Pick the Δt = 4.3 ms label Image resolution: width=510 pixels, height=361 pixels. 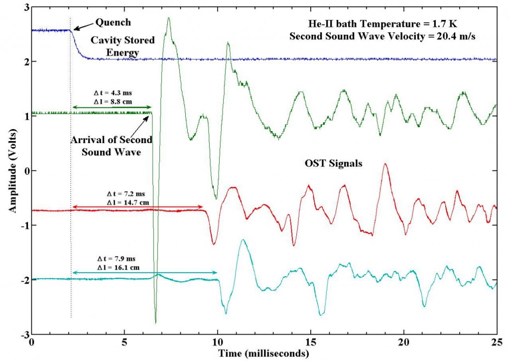click(x=113, y=93)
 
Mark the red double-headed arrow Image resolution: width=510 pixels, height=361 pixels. click(x=137, y=207)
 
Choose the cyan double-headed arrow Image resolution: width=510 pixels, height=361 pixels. click(x=145, y=272)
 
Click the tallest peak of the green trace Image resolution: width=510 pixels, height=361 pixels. click(x=169, y=18)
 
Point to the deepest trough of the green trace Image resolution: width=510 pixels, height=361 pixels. click(x=155, y=323)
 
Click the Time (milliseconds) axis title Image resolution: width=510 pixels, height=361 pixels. click(x=264, y=353)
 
